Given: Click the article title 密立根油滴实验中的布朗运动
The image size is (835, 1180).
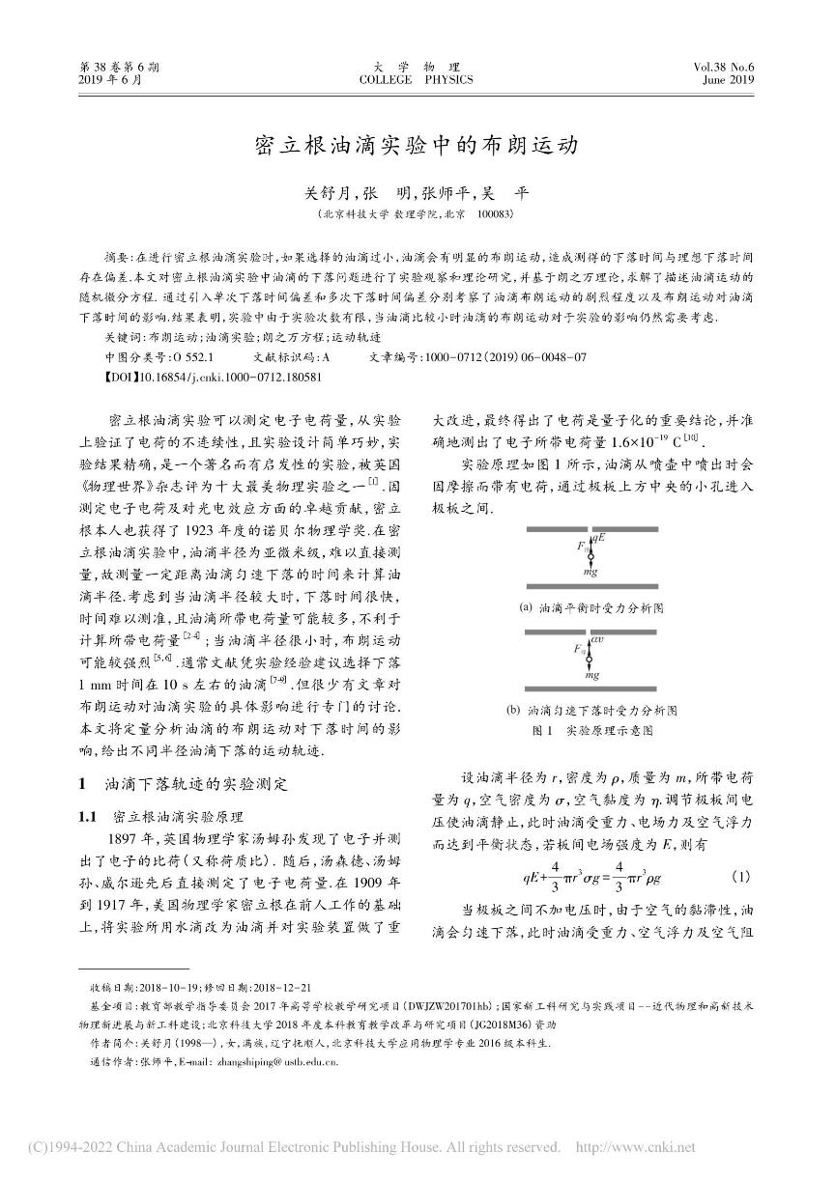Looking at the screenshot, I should coord(417,146).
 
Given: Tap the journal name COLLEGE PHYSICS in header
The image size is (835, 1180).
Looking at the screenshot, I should coord(417,81).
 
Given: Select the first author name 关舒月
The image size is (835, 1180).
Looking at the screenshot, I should coord(331,193).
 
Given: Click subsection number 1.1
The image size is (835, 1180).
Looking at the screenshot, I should coord(90,816).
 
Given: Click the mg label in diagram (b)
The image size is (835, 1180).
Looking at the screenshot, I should coord(592,675).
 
